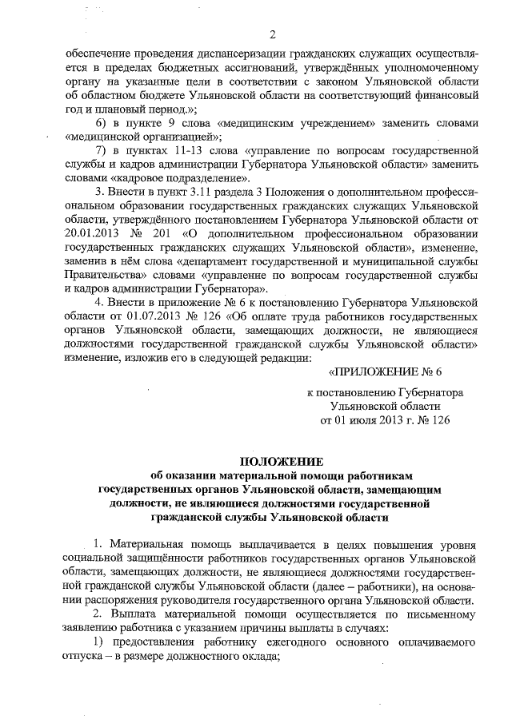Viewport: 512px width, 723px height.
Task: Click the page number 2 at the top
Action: pos(272,34)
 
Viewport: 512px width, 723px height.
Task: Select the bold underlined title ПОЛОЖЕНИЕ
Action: pos(271,461)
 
